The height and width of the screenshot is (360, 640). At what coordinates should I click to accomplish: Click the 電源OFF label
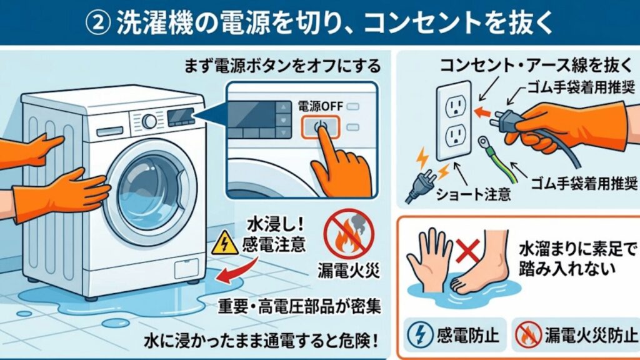click(319, 106)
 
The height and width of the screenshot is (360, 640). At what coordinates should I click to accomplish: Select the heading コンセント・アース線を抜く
click(511, 65)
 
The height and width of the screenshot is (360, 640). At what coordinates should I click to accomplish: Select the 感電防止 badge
click(456, 334)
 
